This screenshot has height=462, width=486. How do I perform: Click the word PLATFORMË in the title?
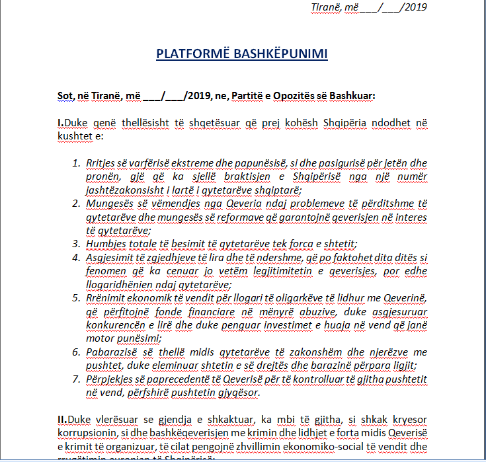click(189, 54)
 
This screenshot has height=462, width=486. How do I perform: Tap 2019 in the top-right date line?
click(415, 7)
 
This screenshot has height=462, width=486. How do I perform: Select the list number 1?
click(74, 162)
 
